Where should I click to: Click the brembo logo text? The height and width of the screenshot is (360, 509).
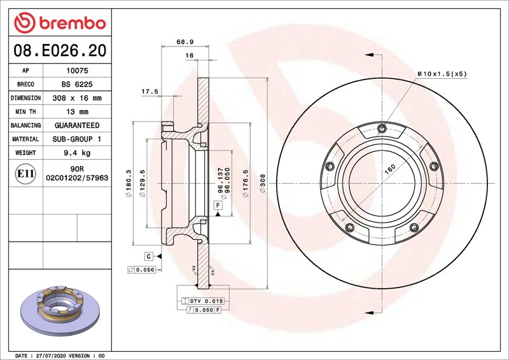tap(73, 24)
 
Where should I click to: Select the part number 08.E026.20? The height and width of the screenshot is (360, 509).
tap(60, 50)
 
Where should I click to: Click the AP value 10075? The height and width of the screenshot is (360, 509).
tap(77, 71)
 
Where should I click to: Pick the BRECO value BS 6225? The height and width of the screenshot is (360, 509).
tap(77, 85)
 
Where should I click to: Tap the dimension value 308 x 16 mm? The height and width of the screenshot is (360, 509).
tap(77, 98)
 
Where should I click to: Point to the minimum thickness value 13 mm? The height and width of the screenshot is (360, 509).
tap(77, 112)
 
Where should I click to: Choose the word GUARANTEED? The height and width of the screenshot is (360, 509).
tap(77, 125)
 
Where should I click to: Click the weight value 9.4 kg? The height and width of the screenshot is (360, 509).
tap(77, 153)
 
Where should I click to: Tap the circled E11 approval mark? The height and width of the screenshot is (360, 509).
tap(25, 174)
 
